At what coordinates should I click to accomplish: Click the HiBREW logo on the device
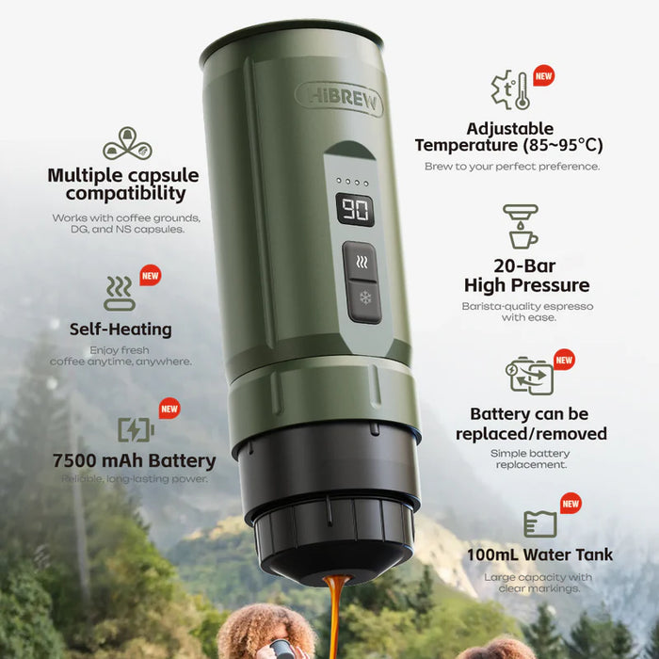coord(339,97)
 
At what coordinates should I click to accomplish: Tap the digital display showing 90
coord(355,209)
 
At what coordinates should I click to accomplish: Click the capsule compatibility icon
coord(127,143)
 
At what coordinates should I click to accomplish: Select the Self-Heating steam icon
coord(120,294)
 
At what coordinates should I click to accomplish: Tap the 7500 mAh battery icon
coord(136,429)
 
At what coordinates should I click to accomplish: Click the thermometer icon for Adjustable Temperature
coord(511,89)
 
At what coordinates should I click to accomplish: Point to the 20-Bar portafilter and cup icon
coord(521,226)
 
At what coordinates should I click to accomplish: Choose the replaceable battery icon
coord(528,375)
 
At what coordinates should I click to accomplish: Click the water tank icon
coord(540,523)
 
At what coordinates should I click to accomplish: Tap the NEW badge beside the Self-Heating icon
coord(150,276)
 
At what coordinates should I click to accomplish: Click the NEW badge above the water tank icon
coord(571,504)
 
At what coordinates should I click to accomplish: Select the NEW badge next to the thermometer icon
coord(543,75)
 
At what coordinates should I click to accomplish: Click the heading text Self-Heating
coord(121,329)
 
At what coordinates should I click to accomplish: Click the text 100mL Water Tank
coord(539,555)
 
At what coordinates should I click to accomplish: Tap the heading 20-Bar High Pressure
coord(526,276)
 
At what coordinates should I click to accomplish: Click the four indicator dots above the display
coord(355,181)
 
